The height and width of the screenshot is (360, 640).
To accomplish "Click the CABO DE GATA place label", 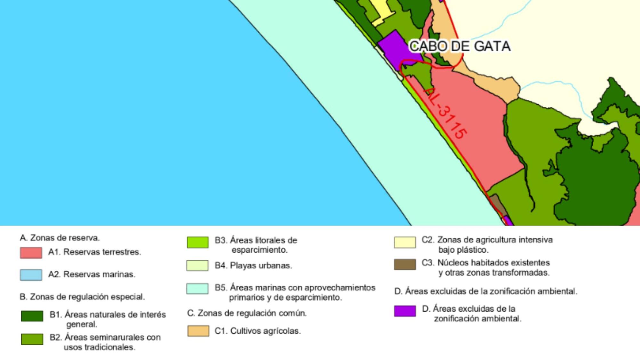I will (460, 46).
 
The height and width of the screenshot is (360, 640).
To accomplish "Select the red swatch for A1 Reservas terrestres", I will (31, 252).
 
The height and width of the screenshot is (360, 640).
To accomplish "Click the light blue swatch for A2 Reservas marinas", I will (31, 275).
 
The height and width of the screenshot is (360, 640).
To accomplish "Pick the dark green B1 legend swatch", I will (32, 316).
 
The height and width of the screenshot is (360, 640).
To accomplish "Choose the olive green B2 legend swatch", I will (32, 339).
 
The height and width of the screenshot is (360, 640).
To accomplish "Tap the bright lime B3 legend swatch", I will (197, 242).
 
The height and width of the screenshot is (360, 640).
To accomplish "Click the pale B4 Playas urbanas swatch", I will (197, 266).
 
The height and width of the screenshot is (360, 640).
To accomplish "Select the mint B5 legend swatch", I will (197, 288).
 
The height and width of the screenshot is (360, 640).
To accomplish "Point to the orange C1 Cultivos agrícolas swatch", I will (198, 331).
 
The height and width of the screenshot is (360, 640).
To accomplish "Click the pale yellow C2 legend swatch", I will (405, 242).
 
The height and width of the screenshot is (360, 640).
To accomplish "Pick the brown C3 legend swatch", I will (405, 264).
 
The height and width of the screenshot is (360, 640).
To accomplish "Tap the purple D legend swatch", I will (405, 311).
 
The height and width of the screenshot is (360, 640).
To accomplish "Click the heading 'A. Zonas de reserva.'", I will (60, 238).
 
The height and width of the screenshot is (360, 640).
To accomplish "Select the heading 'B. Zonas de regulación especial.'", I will (82, 297).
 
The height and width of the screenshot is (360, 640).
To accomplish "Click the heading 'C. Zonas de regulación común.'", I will (247, 313).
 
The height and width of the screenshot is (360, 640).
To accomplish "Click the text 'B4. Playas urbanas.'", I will (253, 266).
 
